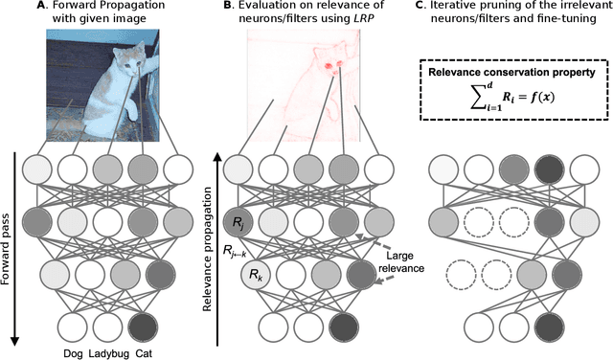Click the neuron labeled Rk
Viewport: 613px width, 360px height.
258,278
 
